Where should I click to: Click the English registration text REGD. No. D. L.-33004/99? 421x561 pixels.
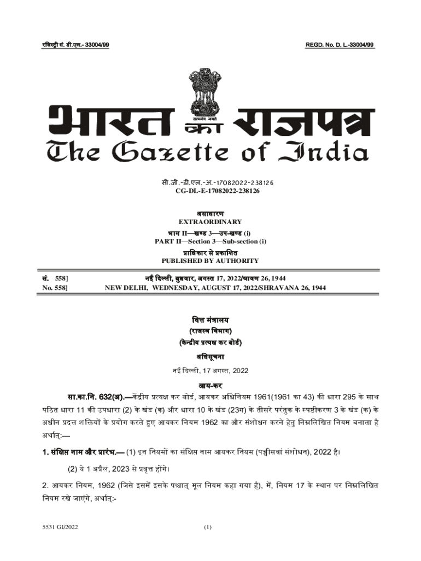(x=340, y=44)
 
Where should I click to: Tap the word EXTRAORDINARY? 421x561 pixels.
(x=210, y=222)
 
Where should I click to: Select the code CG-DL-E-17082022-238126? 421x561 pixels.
(x=210, y=190)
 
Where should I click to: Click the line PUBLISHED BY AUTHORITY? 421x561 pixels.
(x=210, y=261)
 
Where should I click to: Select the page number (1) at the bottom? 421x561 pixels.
(x=207, y=528)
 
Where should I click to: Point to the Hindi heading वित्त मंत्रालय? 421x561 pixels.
(x=210, y=319)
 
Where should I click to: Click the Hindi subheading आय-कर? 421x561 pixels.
(x=210, y=385)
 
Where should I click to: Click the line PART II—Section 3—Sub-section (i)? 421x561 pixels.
(x=210, y=242)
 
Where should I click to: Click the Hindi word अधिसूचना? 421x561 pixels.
(x=210, y=357)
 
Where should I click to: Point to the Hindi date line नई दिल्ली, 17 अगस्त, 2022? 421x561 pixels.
(x=210, y=371)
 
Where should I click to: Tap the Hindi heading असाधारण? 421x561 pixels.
(x=210, y=213)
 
